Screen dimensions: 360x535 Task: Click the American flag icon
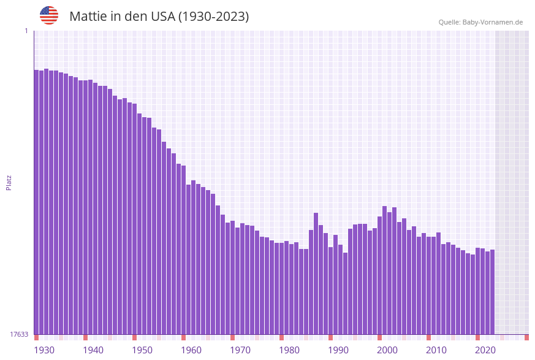click(49, 15)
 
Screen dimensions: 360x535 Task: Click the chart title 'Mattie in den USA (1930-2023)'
click(159, 17)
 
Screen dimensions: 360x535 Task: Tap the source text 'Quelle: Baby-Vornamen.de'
click(480, 22)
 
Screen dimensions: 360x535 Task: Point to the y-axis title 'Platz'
click(9, 182)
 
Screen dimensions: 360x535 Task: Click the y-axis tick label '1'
click(26, 31)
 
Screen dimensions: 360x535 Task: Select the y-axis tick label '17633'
click(19, 334)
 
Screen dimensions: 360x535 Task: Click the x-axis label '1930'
click(44, 350)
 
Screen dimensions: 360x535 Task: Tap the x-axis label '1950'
click(142, 350)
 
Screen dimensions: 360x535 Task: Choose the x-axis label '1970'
click(240, 350)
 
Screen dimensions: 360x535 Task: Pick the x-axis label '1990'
click(338, 350)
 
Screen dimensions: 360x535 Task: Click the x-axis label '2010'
click(436, 350)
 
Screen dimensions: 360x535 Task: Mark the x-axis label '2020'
click(485, 350)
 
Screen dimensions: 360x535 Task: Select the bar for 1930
click(36, 202)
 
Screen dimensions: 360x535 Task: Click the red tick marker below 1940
click(85, 337)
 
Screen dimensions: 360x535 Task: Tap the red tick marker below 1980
click(281, 337)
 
